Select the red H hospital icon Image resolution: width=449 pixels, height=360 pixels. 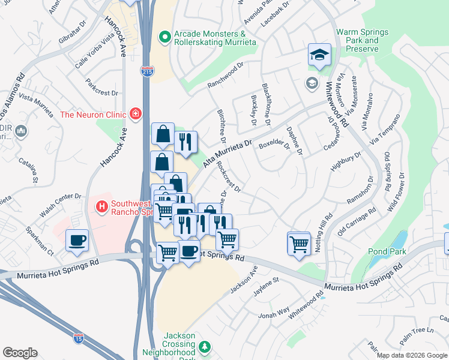[x=102, y=207]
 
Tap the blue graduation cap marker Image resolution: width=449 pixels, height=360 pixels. [x=319, y=55]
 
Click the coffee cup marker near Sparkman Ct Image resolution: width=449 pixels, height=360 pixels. [x=77, y=241]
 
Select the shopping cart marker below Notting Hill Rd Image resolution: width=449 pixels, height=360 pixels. [x=298, y=244]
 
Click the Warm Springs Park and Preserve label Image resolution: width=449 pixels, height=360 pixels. [x=362, y=41]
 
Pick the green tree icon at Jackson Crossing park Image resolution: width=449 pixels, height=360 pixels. [x=204, y=346]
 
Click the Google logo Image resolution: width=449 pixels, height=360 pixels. [x=19, y=353]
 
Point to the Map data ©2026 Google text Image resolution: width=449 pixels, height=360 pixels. [x=411, y=355]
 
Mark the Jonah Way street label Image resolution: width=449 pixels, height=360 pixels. [x=276, y=314]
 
